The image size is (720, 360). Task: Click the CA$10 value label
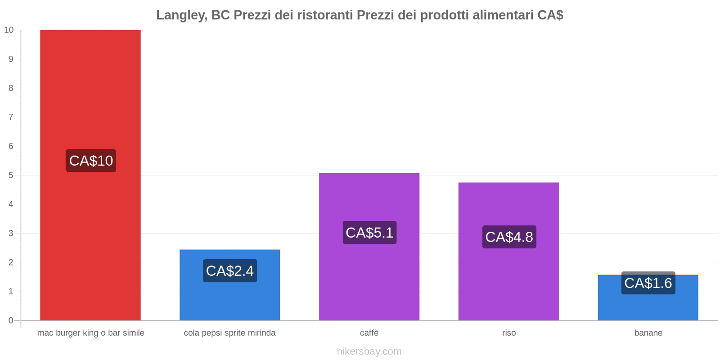click(x=91, y=161)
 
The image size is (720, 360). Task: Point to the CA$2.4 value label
click(x=229, y=271)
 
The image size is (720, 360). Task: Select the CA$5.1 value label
click(x=369, y=233)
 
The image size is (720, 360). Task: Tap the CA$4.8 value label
click(x=509, y=237)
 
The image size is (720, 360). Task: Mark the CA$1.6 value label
click(x=648, y=283)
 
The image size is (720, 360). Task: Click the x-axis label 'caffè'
click(x=369, y=333)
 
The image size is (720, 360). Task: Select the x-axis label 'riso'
click(x=509, y=333)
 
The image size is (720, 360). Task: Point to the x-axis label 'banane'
click(x=648, y=333)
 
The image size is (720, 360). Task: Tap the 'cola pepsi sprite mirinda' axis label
click(x=229, y=333)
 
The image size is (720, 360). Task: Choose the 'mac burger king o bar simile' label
click(x=90, y=333)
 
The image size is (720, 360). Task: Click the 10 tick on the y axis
click(x=9, y=30)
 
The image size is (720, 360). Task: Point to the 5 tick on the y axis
click(x=11, y=175)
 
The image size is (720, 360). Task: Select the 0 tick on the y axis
click(x=11, y=320)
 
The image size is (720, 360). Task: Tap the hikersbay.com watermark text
click(x=369, y=351)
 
